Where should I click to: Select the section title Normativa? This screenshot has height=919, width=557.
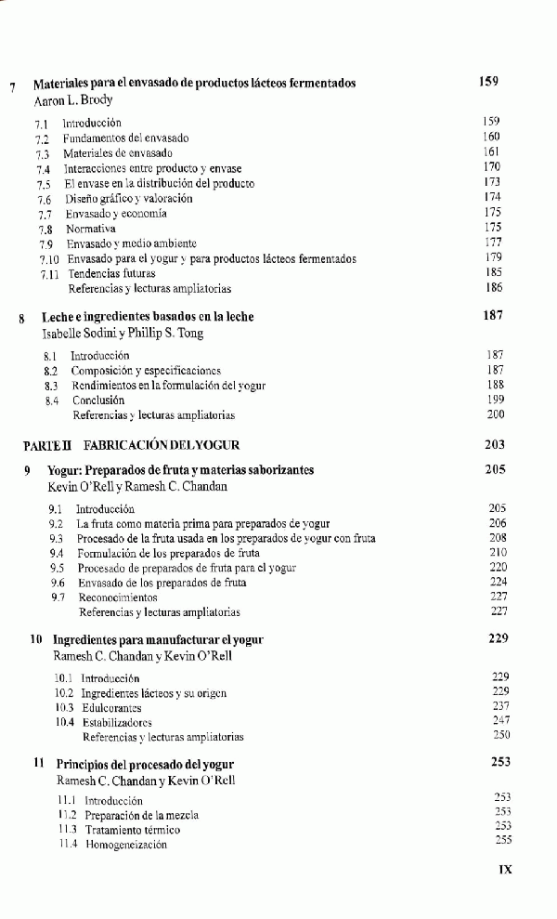coord(89,229)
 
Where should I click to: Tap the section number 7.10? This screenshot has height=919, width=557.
coord(49,259)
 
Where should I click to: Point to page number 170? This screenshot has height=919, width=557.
coord(492,167)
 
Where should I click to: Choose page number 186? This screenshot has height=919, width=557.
coord(493,289)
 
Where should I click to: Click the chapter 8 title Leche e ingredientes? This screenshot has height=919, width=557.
coord(148,317)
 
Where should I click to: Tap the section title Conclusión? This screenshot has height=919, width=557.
coord(98,400)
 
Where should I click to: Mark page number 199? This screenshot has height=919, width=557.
coord(496,400)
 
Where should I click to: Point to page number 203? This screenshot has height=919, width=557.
coord(495,445)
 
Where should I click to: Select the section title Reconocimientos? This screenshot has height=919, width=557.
coord(118,597)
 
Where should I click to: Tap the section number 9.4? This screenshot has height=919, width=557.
coord(56,553)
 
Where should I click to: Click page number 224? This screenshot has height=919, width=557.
coord(499,582)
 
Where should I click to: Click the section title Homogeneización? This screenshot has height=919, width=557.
coord(126,845)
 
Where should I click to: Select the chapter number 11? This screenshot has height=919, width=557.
coord(40,764)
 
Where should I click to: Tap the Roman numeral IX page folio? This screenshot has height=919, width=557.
coord(505,871)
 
